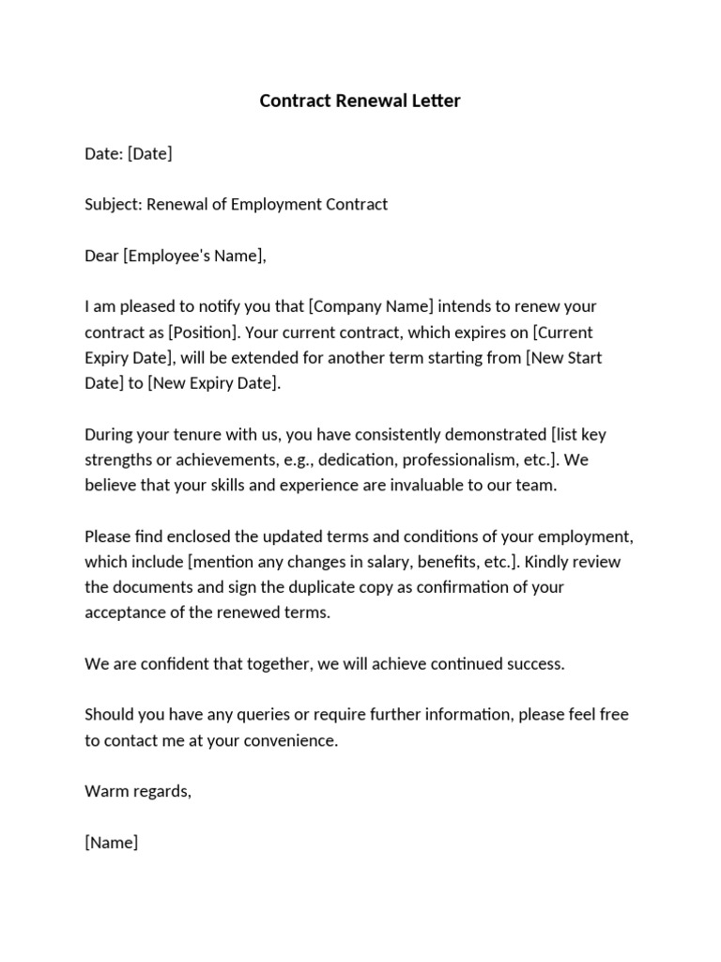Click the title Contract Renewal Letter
(x=360, y=101)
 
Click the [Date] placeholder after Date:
(x=149, y=153)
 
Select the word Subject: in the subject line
(x=113, y=204)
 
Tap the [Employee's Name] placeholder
(x=194, y=255)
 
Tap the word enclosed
(x=189, y=536)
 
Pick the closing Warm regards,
(x=138, y=791)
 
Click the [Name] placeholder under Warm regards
(x=112, y=842)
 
